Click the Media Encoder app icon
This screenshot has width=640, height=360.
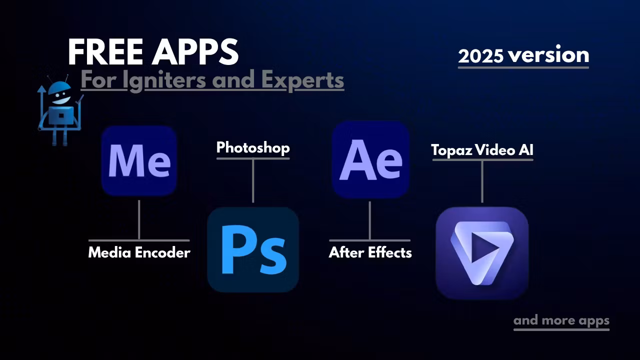click(139, 160)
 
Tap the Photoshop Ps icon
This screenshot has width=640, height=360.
click(253, 249)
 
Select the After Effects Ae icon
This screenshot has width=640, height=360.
click(370, 159)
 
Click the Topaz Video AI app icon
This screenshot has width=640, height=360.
click(482, 253)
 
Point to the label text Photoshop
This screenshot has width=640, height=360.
click(253, 147)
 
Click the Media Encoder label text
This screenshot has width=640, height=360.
click(139, 252)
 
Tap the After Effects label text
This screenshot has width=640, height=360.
click(370, 252)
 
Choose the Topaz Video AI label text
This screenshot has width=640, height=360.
click(482, 149)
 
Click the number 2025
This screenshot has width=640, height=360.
click(480, 55)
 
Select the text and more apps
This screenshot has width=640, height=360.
click(561, 320)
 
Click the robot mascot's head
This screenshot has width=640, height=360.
click(59, 93)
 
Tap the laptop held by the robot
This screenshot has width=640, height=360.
click(61, 115)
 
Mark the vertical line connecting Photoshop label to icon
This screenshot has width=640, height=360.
click(253, 181)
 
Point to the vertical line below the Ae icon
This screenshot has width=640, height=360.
click(369, 220)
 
